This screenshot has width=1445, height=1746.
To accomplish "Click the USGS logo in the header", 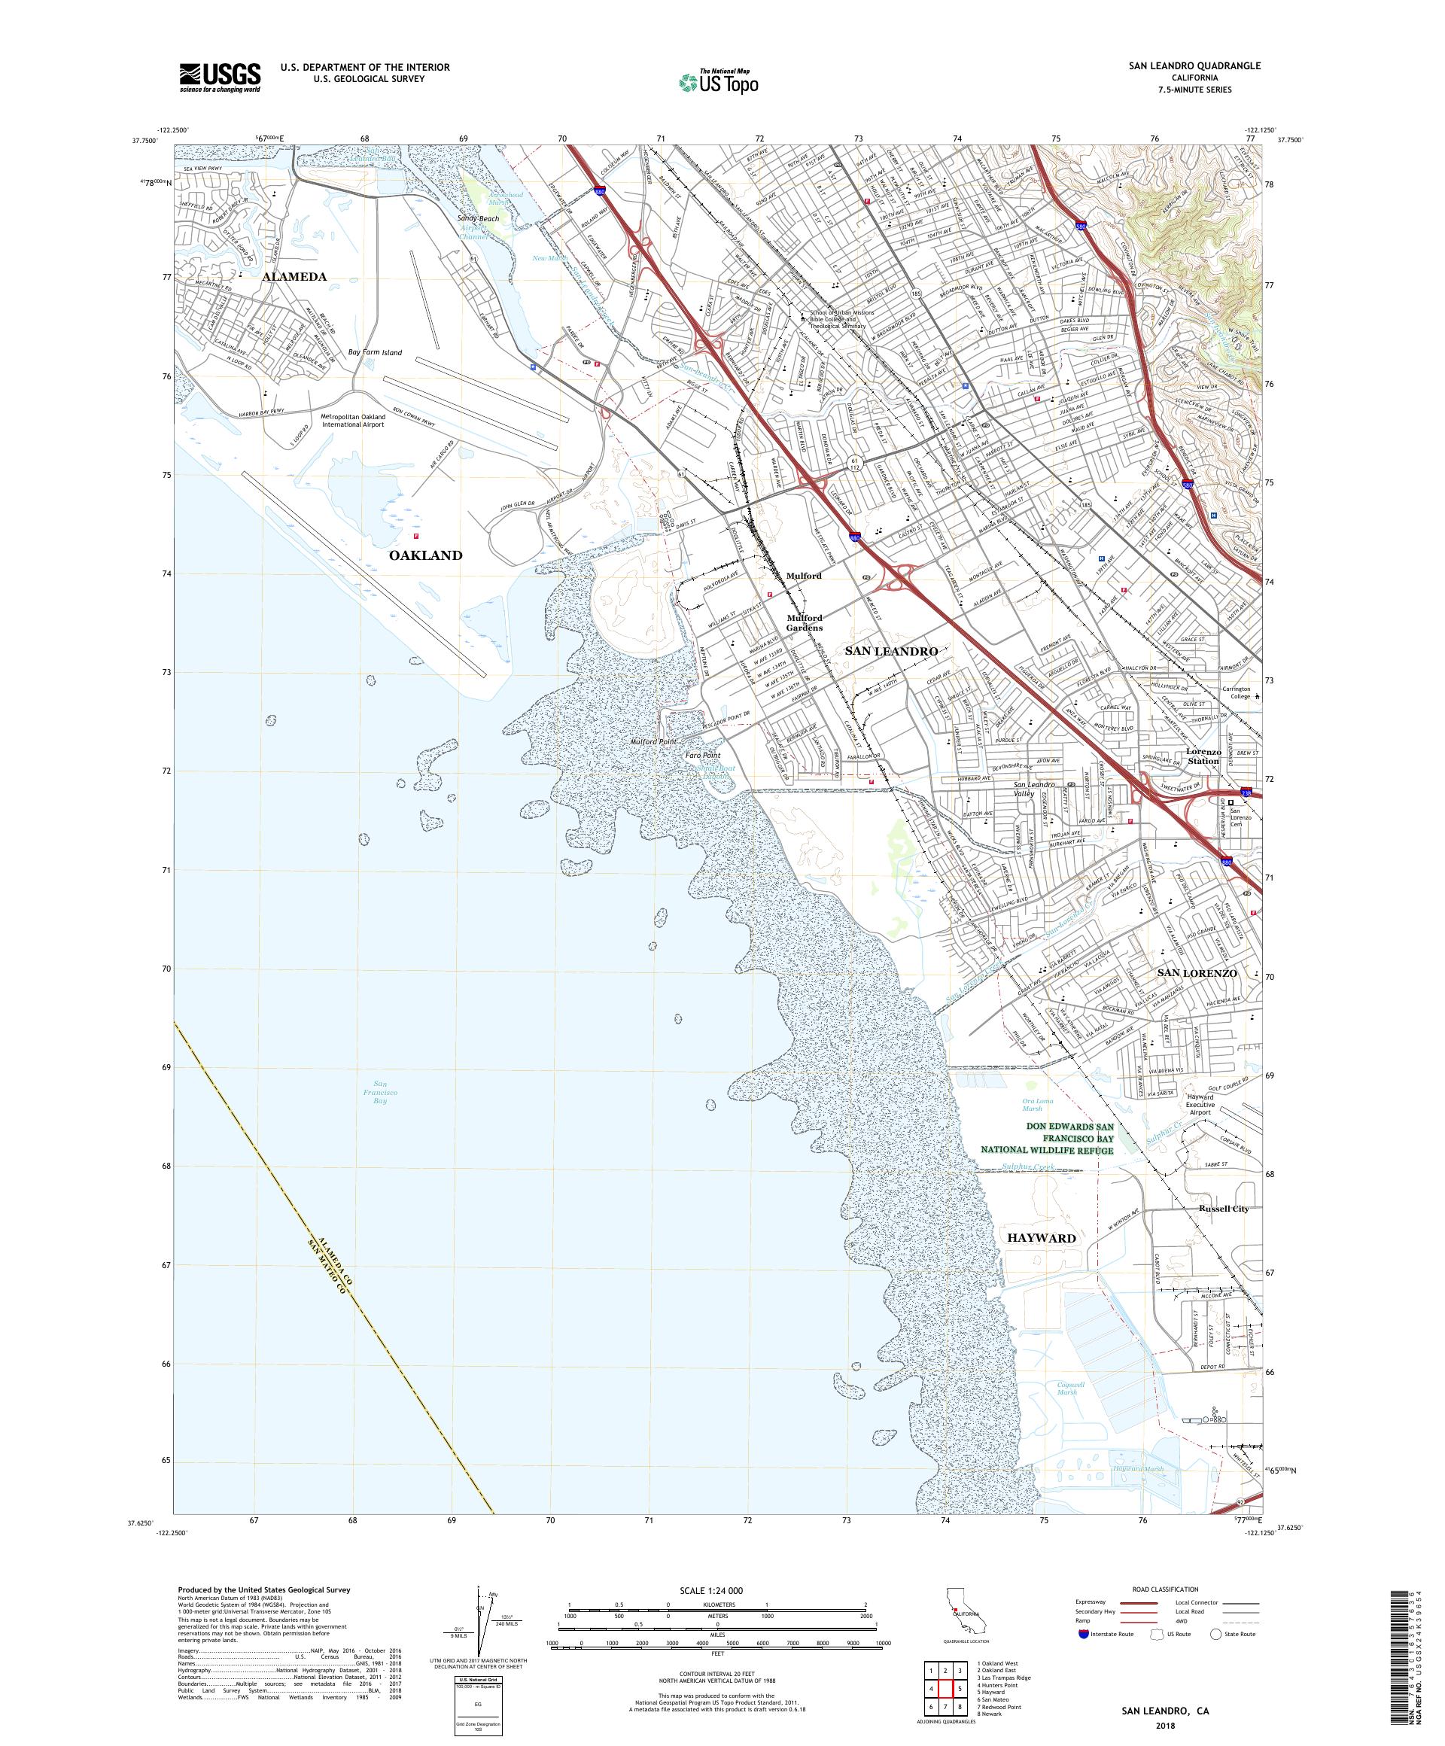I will click(220, 78).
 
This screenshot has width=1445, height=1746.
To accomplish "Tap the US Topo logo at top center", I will click(719, 81).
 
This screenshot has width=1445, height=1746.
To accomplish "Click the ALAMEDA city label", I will click(295, 277).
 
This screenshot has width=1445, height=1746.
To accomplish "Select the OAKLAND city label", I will click(425, 555).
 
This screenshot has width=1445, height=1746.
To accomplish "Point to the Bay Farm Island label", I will click(374, 352).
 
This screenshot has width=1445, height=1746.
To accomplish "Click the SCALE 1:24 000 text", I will click(716, 1590).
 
